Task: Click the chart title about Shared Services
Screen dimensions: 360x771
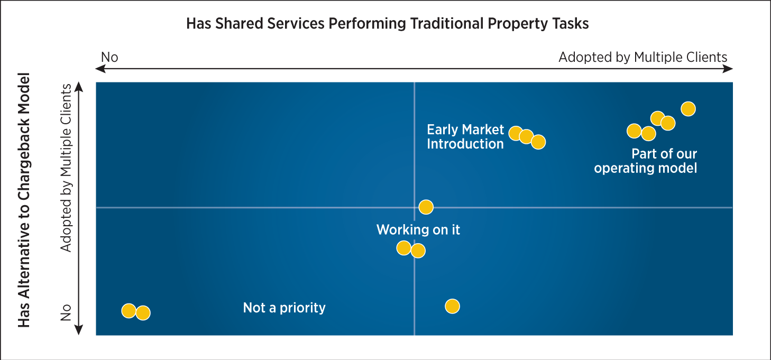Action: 387,24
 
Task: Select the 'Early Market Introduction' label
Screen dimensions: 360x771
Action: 465,136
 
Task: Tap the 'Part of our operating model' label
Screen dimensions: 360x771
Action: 646,161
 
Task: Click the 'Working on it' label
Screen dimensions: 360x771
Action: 418,229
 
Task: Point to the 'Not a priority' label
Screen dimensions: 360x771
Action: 284,308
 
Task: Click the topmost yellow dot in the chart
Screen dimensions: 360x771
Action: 687,109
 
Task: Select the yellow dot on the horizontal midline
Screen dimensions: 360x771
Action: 426,207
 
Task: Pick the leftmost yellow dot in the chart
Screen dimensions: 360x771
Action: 128,311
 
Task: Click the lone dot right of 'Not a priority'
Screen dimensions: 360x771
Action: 452,306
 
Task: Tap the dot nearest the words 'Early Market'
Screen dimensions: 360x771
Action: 515,133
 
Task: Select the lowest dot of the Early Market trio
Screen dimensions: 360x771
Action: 538,142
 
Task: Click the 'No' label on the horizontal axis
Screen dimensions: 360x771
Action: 109,57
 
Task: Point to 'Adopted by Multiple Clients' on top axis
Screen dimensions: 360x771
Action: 642,57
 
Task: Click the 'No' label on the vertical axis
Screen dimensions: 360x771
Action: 66,312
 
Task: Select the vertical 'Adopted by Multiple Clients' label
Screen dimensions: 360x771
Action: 66,167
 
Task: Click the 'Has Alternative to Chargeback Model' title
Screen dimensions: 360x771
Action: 24,199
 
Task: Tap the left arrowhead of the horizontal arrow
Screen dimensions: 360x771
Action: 99,69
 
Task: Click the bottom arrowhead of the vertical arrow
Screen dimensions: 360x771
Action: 78,331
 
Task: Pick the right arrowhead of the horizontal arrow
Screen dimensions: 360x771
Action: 729,69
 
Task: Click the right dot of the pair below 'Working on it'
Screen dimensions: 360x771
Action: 418,251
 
